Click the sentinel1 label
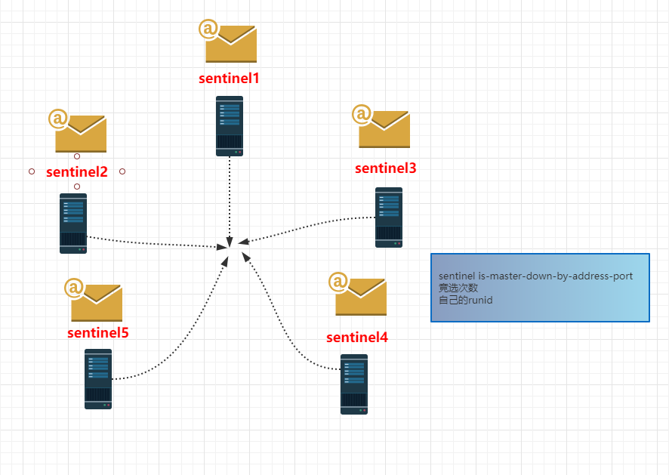229,77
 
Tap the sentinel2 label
77,171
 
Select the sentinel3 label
385,168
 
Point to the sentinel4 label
357,337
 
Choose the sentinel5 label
98,332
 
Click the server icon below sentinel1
230,126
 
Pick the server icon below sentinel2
73,223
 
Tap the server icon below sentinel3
389,217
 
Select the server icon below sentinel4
354,384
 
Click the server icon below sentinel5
98,378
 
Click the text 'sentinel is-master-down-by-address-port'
535,276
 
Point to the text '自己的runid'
466,300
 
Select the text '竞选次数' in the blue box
458,288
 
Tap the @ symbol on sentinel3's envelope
362,114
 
